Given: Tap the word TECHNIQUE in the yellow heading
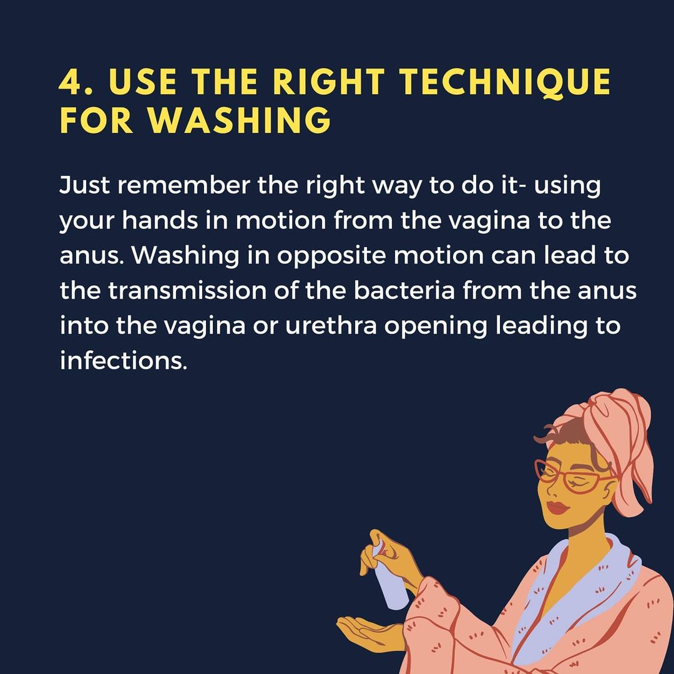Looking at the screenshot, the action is (505, 82).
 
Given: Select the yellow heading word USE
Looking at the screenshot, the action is (143, 81).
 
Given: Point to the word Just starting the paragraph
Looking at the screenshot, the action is (84, 185).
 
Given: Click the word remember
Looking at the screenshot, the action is (183, 185).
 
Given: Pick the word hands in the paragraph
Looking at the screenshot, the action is (160, 220).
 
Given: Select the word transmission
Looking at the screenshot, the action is (187, 291).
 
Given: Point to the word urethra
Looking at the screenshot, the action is (331, 326).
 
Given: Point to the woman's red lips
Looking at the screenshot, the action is (557, 507).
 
